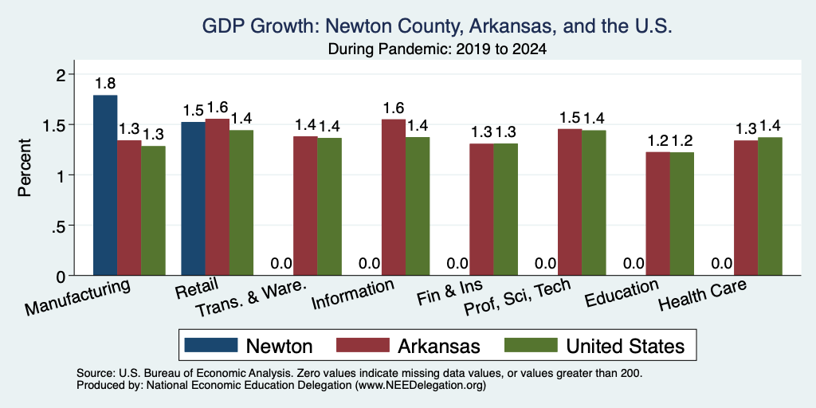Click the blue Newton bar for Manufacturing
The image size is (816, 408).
[x=105, y=185]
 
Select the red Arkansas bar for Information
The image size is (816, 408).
[x=394, y=198]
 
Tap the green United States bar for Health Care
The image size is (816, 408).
[x=771, y=206]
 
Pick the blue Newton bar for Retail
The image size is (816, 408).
[x=193, y=198]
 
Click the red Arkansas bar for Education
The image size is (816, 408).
[x=657, y=214]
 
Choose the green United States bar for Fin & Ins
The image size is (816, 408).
[x=506, y=210]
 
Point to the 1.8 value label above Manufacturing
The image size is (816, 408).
[x=105, y=83]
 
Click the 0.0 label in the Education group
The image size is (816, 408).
[x=634, y=263]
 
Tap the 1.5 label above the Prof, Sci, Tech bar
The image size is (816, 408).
[x=570, y=118]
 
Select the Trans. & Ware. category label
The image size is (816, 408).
[x=249, y=300]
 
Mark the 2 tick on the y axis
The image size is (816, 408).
[x=63, y=75]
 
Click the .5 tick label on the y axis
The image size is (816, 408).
[x=61, y=226]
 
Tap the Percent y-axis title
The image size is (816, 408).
[x=25, y=167]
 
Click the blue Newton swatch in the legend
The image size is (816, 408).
[x=210, y=344]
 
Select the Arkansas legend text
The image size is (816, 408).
[x=439, y=346]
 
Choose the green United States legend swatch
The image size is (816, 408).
[x=532, y=344]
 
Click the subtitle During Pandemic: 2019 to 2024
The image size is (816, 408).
[x=437, y=49]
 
